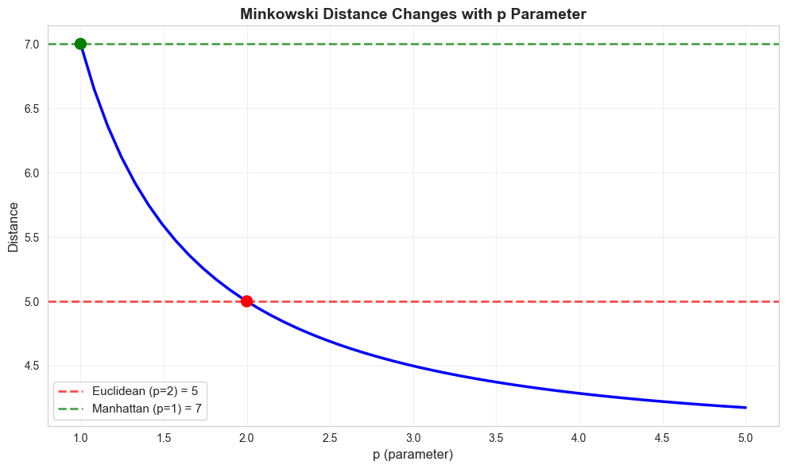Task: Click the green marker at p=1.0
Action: click(80, 44)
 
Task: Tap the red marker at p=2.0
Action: click(246, 301)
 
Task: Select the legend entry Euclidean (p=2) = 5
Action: click(152, 392)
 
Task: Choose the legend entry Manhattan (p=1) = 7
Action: click(152, 408)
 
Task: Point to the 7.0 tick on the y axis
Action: click(32, 44)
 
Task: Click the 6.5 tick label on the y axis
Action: click(32, 108)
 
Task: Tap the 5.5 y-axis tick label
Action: click(32, 237)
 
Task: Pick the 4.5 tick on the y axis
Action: click(32, 366)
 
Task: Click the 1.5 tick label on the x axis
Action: click(164, 438)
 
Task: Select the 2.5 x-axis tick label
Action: click(330, 438)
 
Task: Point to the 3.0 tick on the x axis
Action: click(413, 438)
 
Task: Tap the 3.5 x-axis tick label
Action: click(496, 438)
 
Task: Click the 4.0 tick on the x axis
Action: click(579, 438)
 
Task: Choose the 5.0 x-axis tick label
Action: click(745, 438)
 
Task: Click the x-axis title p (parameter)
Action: click(413, 455)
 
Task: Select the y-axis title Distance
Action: click(14, 227)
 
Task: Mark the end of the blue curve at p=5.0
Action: click(745, 408)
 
